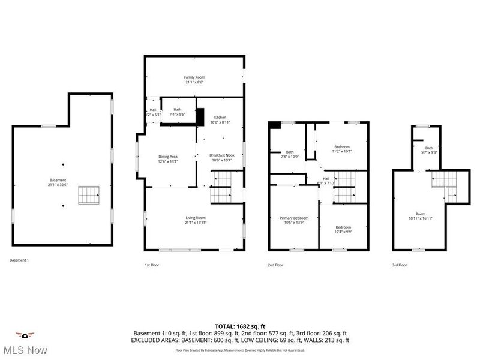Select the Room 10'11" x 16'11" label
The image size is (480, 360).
[x=420, y=217]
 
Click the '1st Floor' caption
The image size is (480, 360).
[x=151, y=265]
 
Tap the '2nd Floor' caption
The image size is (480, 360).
[x=276, y=265]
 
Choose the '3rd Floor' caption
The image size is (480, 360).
[x=400, y=265]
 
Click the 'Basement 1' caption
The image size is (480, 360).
[x=19, y=260]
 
